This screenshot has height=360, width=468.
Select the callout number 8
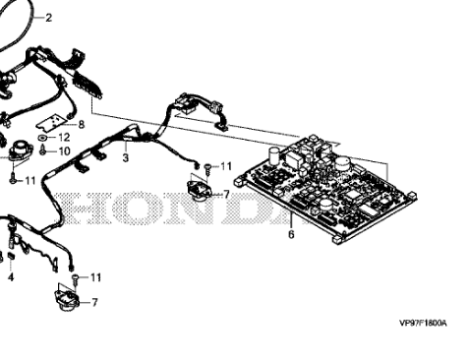[x=82, y=124]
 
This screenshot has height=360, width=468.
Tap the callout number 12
[x=66, y=138]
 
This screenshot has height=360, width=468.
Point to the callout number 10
[x=66, y=151]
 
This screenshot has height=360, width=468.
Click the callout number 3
[x=125, y=157]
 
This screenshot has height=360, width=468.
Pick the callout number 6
[x=291, y=234]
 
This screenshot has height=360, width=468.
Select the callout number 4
[x=11, y=278]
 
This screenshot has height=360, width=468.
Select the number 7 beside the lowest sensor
[x=94, y=302]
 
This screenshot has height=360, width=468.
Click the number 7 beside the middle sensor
[x=226, y=194]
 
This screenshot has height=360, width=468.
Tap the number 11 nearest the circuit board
[x=226, y=165]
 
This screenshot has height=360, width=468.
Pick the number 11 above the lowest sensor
[x=95, y=278]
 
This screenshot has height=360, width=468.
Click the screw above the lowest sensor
[x=74, y=278]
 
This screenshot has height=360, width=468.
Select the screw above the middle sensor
[x=205, y=166]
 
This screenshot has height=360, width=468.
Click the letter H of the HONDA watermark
[x=80, y=209]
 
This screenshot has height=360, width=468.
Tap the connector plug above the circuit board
[x=186, y=101]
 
